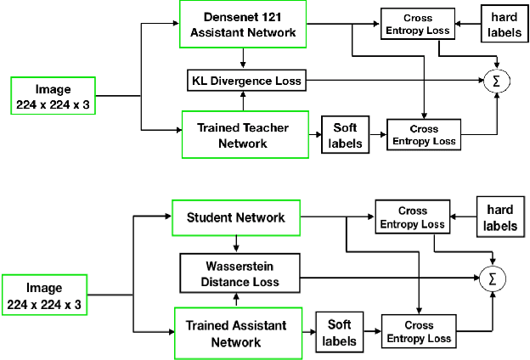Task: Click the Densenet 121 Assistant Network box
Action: coord(244,25)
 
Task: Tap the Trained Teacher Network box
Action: coord(244,136)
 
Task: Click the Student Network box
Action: coord(235,217)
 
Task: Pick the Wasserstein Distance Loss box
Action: coord(239,272)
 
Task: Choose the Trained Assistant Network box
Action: coord(237,333)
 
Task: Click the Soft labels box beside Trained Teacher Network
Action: coord(345,136)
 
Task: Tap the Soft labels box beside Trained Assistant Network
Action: coord(340,334)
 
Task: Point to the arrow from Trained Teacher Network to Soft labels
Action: coord(314,136)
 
